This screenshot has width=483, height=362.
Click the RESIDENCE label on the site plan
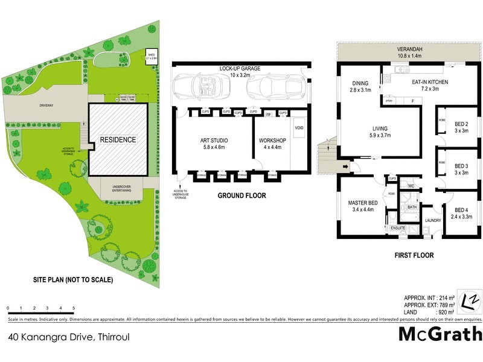[x=118, y=139]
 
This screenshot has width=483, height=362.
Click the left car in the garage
[x=198, y=87]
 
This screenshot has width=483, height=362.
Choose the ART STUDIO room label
[x=214, y=144]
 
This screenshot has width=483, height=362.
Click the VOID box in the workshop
[x=299, y=128]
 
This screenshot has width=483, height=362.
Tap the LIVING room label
[x=380, y=132]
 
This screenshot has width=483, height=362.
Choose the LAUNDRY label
[x=432, y=221]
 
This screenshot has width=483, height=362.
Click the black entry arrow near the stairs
[x=345, y=167]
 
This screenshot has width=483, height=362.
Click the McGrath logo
[x=440, y=334]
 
